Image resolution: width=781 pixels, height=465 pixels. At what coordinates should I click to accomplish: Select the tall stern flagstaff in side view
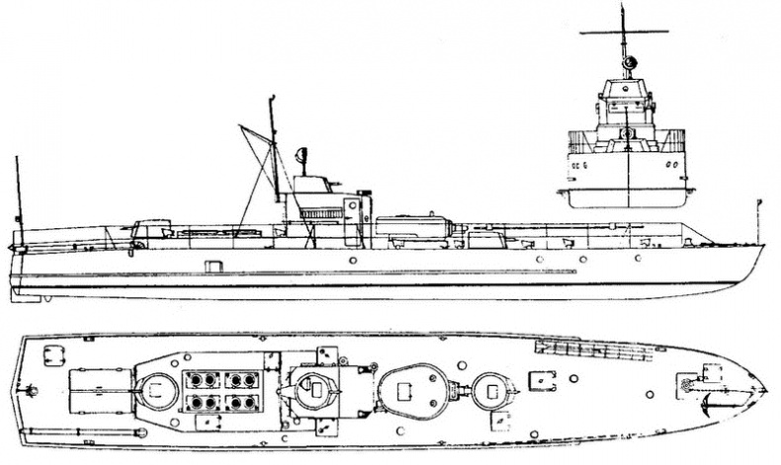pyautogui.click(x=17, y=197)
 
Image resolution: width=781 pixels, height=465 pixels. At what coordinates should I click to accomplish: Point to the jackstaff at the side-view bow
pyautogui.click(x=757, y=219)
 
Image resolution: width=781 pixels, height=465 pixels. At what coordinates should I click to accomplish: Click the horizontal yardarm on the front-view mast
pyautogui.click(x=624, y=33)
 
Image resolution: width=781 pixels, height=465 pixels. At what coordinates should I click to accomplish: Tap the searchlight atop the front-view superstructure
pyautogui.click(x=627, y=63)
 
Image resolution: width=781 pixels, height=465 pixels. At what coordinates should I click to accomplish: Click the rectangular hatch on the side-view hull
pyautogui.click(x=211, y=265)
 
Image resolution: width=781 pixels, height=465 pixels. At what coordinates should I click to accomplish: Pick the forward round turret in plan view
pyautogui.click(x=489, y=389)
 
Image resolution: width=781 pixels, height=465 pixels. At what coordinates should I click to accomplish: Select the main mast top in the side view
pyautogui.click(x=272, y=100)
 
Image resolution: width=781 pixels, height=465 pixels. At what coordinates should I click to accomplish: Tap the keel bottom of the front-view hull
pyautogui.click(x=628, y=206)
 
